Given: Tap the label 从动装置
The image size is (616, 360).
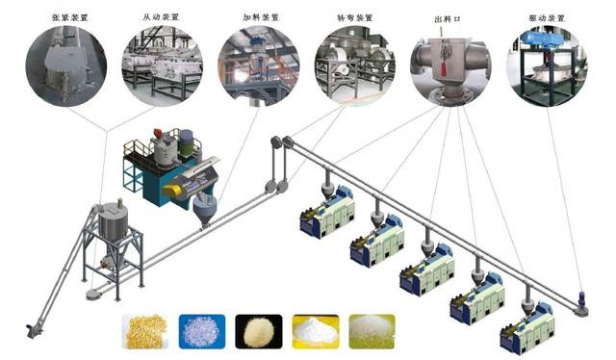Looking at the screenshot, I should [162, 16].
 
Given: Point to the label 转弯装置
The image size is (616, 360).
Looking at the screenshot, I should [353, 16].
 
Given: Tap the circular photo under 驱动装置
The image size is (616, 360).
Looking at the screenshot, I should [547, 65].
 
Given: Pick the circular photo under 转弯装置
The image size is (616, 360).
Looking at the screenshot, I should [354, 65].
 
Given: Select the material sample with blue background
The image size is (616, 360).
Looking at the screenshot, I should [202, 331].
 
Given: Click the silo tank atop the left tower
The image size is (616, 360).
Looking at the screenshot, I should [114, 219].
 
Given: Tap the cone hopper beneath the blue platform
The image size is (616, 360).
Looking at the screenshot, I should [203, 212].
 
